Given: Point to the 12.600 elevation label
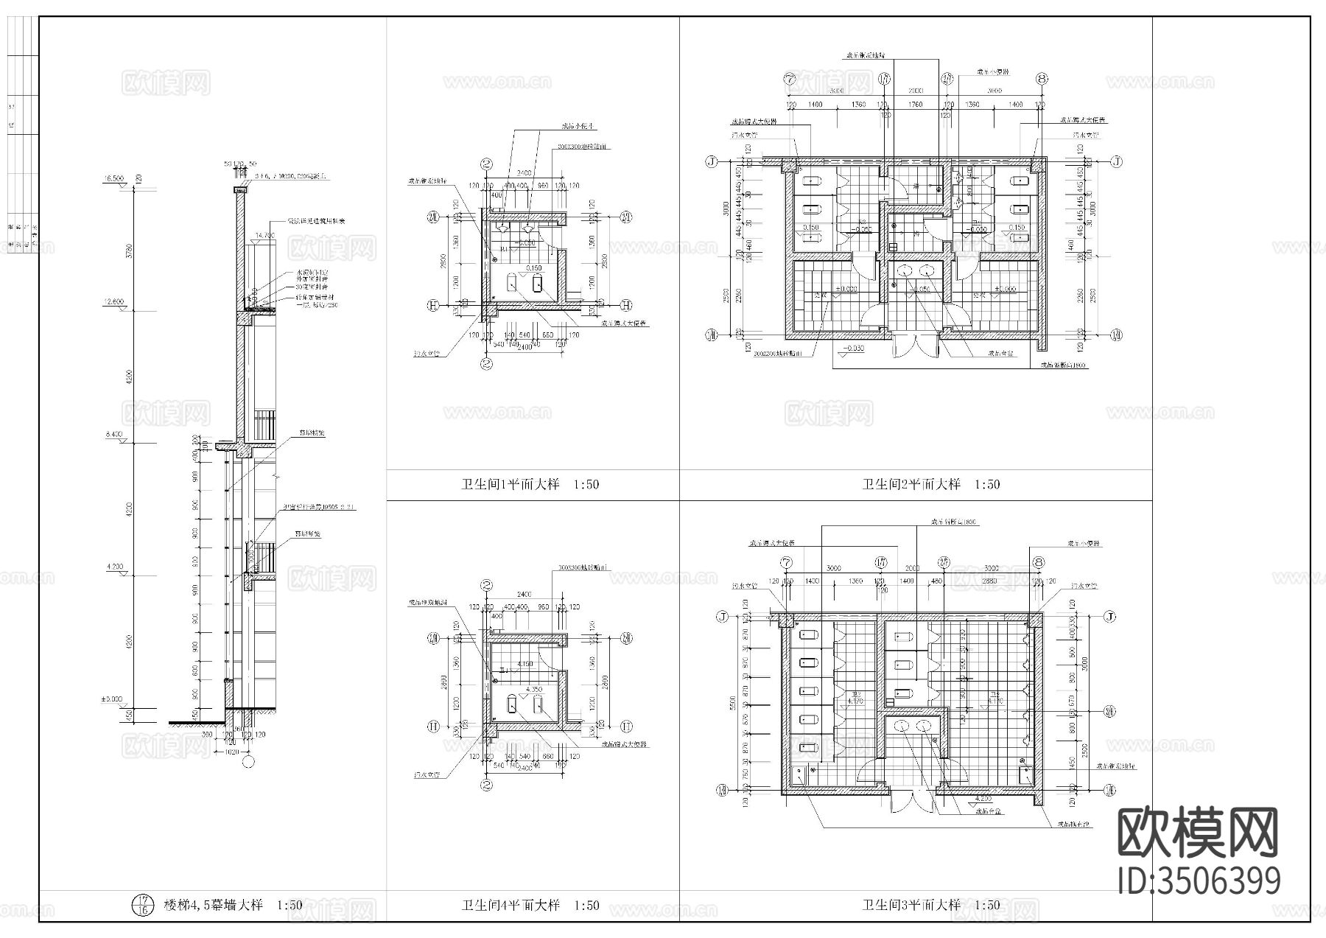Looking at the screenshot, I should (x=113, y=301).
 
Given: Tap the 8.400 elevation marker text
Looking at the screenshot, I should (x=113, y=435).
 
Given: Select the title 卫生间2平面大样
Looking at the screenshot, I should (x=912, y=485).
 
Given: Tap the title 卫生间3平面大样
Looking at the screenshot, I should (x=912, y=905).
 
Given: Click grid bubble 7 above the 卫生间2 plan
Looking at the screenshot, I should (x=792, y=79).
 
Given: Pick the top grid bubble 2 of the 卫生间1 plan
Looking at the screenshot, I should (x=486, y=165).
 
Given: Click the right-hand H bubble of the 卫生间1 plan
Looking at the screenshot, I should (x=626, y=304).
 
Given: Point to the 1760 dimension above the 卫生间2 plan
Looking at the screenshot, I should (x=916, y=105).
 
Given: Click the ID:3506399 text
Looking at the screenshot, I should (x=1199, y=881).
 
